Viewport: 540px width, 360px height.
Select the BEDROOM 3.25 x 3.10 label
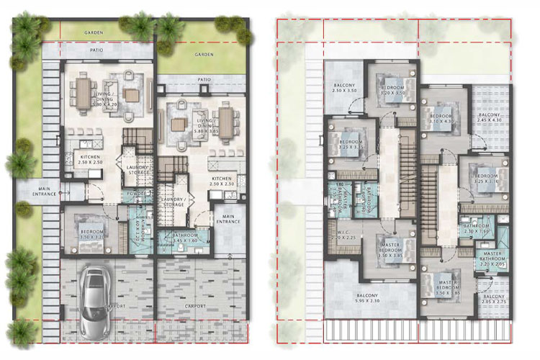[349, 146]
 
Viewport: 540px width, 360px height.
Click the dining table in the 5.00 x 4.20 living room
[84, 91]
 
